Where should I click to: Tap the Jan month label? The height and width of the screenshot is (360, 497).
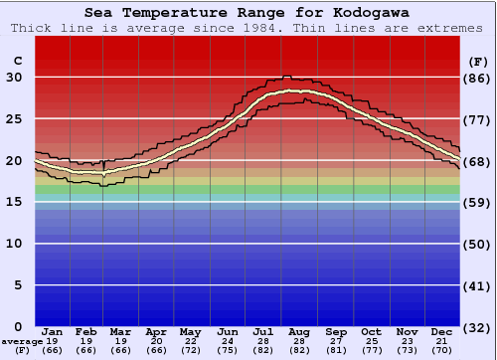point(53,332)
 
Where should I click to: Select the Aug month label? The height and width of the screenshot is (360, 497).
point(300,332)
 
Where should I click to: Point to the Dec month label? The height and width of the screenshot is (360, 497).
point(442,332)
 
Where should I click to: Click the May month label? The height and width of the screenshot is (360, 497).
point(190,332)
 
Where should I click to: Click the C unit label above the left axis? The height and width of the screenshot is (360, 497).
point(17,61)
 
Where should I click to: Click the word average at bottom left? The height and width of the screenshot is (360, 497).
point(22,341)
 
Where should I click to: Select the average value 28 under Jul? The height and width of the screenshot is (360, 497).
point(263,341)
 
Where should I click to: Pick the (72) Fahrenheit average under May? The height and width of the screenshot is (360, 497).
point(190,350)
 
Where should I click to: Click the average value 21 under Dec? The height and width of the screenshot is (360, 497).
point(442,341)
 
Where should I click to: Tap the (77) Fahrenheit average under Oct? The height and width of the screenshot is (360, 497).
point(371,350)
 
